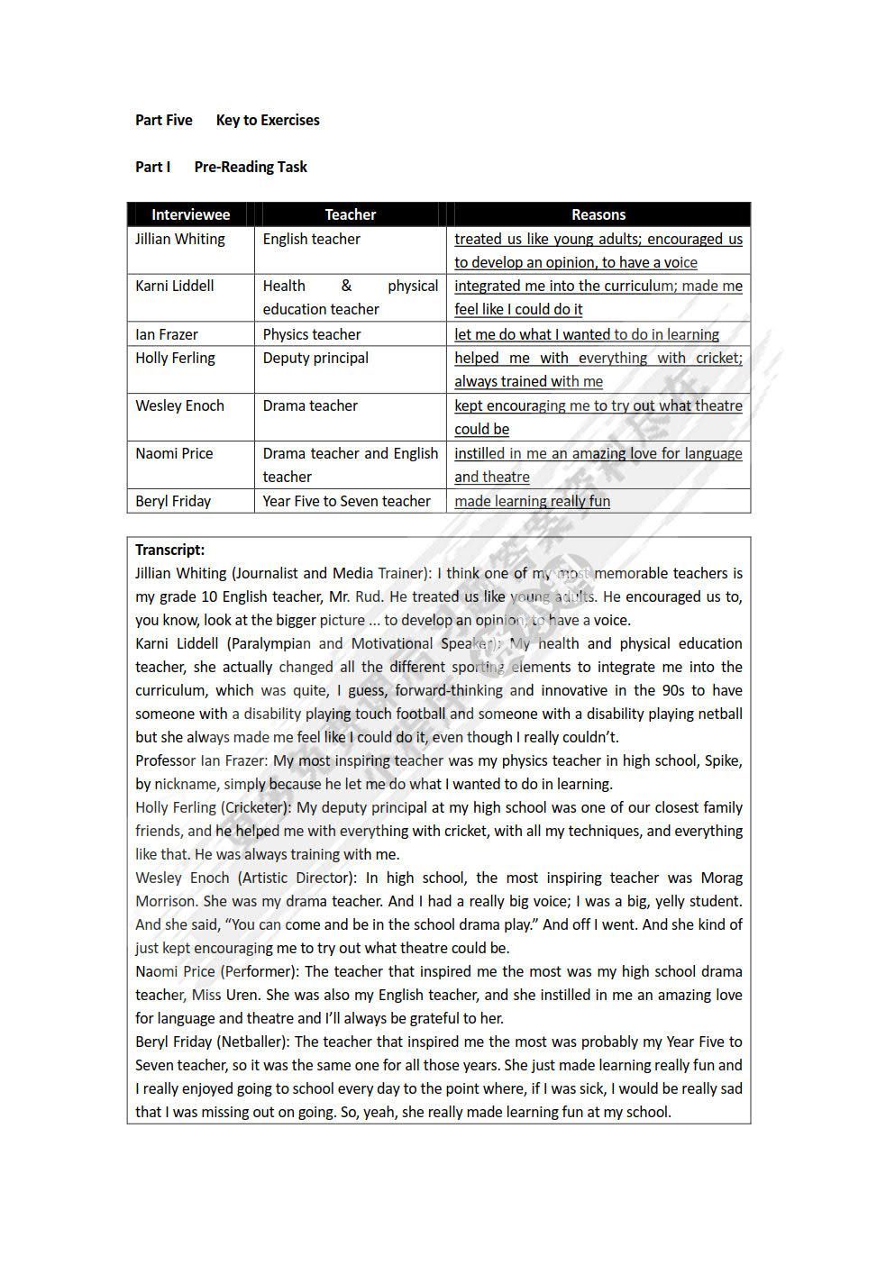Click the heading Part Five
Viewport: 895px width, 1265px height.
163,120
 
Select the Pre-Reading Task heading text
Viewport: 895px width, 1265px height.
251,167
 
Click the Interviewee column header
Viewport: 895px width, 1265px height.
190,214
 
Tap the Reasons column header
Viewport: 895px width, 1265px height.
598,214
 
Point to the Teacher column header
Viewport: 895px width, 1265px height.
350,214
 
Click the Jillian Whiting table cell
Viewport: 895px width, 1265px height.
180,239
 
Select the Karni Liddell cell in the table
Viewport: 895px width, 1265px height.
175,286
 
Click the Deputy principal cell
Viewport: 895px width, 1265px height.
315,358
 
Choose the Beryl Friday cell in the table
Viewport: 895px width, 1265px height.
173,501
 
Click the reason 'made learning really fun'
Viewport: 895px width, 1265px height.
532,501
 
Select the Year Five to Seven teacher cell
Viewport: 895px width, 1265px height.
346,501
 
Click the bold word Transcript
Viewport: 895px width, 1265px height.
169,550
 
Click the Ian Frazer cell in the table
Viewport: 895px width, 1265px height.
167,334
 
